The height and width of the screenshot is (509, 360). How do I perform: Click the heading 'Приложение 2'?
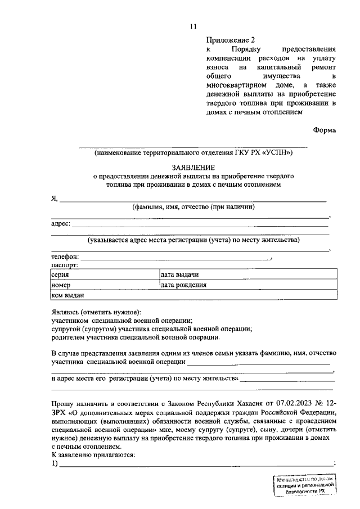231,40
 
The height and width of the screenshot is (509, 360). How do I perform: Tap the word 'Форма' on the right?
325,130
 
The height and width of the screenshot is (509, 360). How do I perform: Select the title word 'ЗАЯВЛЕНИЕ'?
193,168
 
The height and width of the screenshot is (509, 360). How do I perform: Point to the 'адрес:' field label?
61,223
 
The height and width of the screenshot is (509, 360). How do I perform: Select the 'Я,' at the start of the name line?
55,198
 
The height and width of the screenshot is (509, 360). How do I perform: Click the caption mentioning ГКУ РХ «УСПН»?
193,152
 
